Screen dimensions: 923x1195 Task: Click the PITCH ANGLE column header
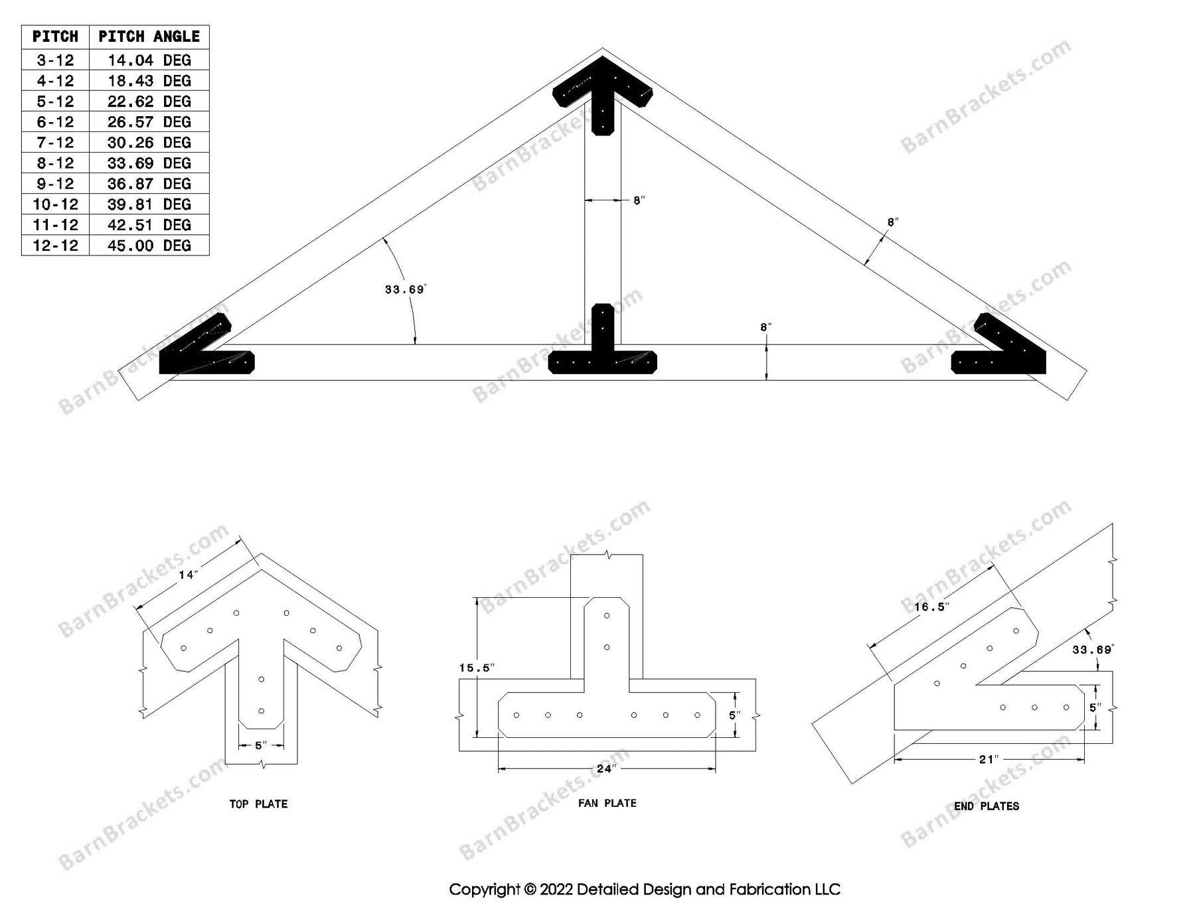[149, 36]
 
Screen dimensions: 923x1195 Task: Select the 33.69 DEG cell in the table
[149, 163]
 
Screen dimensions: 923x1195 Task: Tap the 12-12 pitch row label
[55, 246]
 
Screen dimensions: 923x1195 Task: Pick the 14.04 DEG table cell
[149, 60]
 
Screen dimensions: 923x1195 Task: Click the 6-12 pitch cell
[55, 122]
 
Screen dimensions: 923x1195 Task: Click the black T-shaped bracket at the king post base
[602, 352]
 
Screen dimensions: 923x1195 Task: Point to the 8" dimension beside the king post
[639, 200]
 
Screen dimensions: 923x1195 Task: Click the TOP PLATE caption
[258, 804]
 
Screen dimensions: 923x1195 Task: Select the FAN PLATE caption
[607, 803]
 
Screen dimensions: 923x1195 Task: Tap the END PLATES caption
[986, 806]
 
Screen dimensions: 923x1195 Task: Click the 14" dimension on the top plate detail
[188, 575]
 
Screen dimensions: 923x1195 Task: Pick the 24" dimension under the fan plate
[606, 769]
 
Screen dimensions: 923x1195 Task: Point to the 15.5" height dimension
[476, 668]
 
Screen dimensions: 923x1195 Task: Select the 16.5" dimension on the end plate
[931, 606]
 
